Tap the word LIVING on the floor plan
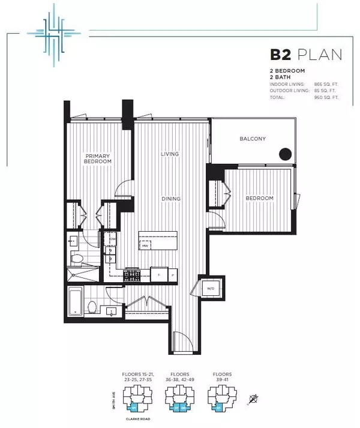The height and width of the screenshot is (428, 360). coord(170,154)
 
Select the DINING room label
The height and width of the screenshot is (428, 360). coord(170,198)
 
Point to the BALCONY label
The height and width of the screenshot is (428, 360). coord(253,139)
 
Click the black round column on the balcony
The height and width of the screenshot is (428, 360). coord(285,154)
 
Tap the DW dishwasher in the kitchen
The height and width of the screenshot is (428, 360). coord(112,240)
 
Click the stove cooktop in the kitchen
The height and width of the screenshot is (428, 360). coord(131,276)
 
